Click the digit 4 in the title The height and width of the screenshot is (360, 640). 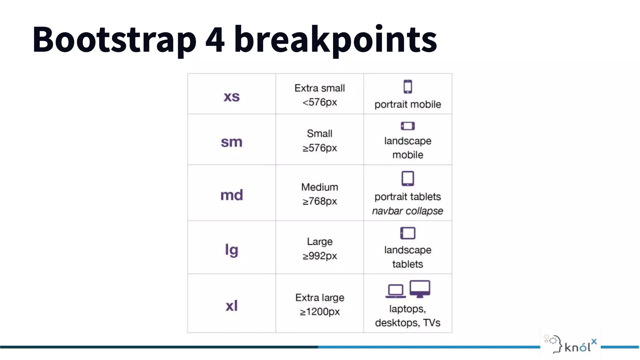click(215, 40)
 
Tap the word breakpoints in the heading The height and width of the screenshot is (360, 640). click(335, 40)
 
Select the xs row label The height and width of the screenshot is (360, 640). click(232, 96)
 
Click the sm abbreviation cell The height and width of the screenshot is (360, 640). click(232, 142)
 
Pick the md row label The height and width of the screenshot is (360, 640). click(232, 195)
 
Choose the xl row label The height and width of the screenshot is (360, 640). click(232, 305)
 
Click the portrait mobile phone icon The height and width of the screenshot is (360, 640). click(407, 87)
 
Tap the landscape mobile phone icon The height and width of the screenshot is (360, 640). click(407, 126)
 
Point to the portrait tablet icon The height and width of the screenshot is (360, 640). click(407, 178)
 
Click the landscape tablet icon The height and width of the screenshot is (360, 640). click(407, 233)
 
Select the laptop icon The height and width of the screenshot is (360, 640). click(396, 291)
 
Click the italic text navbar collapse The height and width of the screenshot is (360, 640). click(407, 211)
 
